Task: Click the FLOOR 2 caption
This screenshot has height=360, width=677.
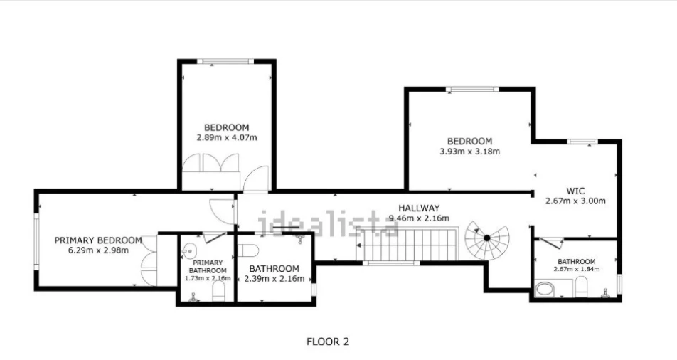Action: click(x=328, y=342)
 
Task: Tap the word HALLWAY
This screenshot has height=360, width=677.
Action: click(x=419, y=208)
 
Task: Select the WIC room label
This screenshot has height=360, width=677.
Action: click(x=575, y=191)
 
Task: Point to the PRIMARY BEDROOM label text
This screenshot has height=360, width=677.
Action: click(x=98, y=240)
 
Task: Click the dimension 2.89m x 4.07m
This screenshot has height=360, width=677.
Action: click(x=227, y=138)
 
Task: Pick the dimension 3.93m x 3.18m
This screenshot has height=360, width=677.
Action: click(x=470, y=152)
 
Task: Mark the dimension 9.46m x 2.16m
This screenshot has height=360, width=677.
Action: click(x=419, y=218)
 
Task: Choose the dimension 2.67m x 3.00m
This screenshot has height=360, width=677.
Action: click(x=575, y=201)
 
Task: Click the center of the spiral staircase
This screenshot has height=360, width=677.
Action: click(x=487, y=238)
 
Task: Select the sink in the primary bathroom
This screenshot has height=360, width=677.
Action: click(x=188, y=250)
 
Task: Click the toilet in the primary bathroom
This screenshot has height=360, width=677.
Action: click(x=219, y=292)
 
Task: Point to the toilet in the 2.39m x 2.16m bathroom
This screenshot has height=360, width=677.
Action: click(x=249, y=250)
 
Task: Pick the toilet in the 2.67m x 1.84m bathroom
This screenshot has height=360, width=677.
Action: click(x=581, y=287)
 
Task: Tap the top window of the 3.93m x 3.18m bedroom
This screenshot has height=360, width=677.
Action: click(x=472, y=90)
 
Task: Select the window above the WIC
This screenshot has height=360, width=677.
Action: click(x=582, y=142)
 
